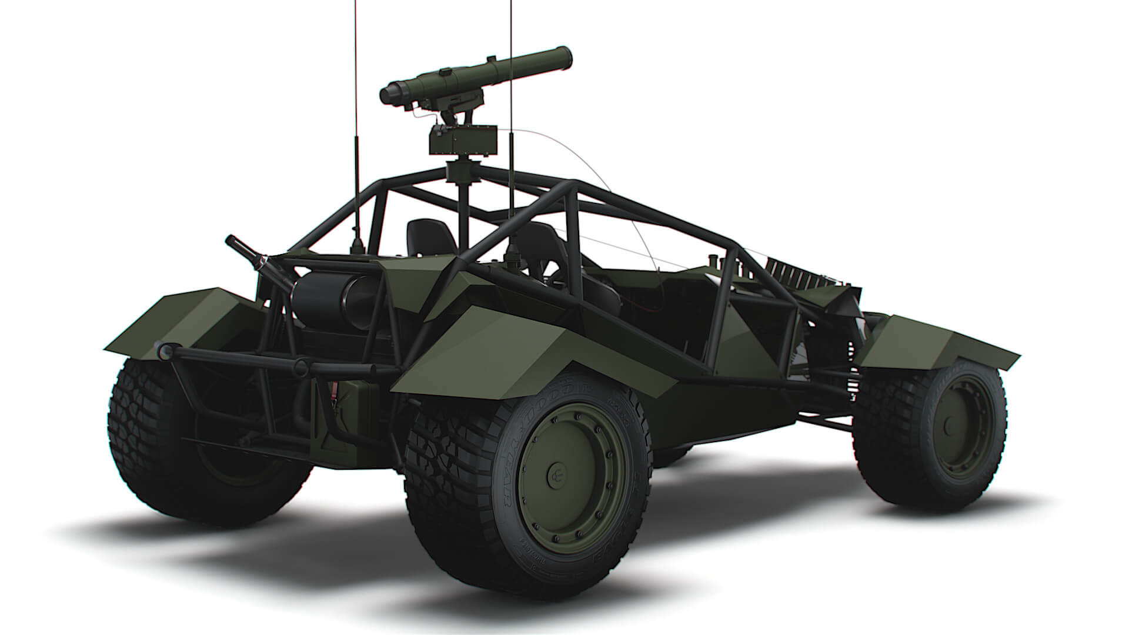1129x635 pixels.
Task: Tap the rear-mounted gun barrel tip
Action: [231, 240]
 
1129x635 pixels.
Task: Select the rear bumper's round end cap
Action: [163, 351]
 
